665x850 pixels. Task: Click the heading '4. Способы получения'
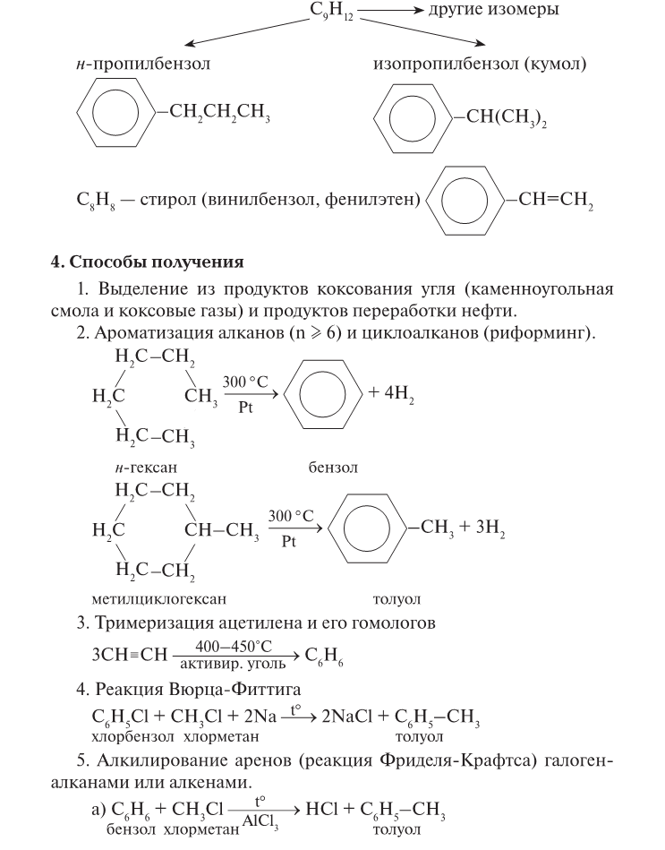pos(147,263)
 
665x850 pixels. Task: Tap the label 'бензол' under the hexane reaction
pos(333,468)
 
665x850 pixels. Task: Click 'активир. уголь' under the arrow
pos(234,665)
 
